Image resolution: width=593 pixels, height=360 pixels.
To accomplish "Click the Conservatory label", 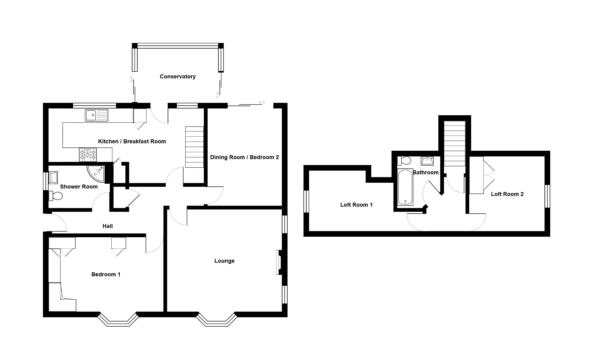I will point(177,76).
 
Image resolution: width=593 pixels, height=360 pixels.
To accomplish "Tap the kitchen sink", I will point(96,115).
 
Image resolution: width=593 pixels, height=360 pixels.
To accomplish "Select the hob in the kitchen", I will point(88,155).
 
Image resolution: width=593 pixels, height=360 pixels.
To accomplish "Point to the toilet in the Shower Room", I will point(56,196).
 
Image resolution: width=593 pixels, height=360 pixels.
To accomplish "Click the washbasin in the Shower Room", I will point(53,178).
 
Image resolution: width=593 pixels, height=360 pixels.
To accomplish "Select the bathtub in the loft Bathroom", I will point(405,187).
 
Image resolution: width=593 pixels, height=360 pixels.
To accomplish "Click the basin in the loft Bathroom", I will point(426,161).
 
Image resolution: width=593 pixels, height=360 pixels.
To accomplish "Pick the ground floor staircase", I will point(194,147).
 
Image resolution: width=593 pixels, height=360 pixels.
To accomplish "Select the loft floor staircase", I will point(454,143).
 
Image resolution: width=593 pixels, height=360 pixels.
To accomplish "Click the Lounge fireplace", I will point(279,262).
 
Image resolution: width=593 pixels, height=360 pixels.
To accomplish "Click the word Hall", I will point(107,226).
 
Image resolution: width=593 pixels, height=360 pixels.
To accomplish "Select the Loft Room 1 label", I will point(356,205).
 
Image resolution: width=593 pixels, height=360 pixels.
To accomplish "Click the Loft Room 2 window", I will point(547,196).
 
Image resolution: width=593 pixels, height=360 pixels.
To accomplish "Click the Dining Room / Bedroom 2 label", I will point(244,157).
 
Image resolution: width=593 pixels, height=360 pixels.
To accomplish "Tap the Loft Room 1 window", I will point(306,201).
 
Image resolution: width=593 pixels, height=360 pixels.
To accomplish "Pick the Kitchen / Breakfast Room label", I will point(132,141).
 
